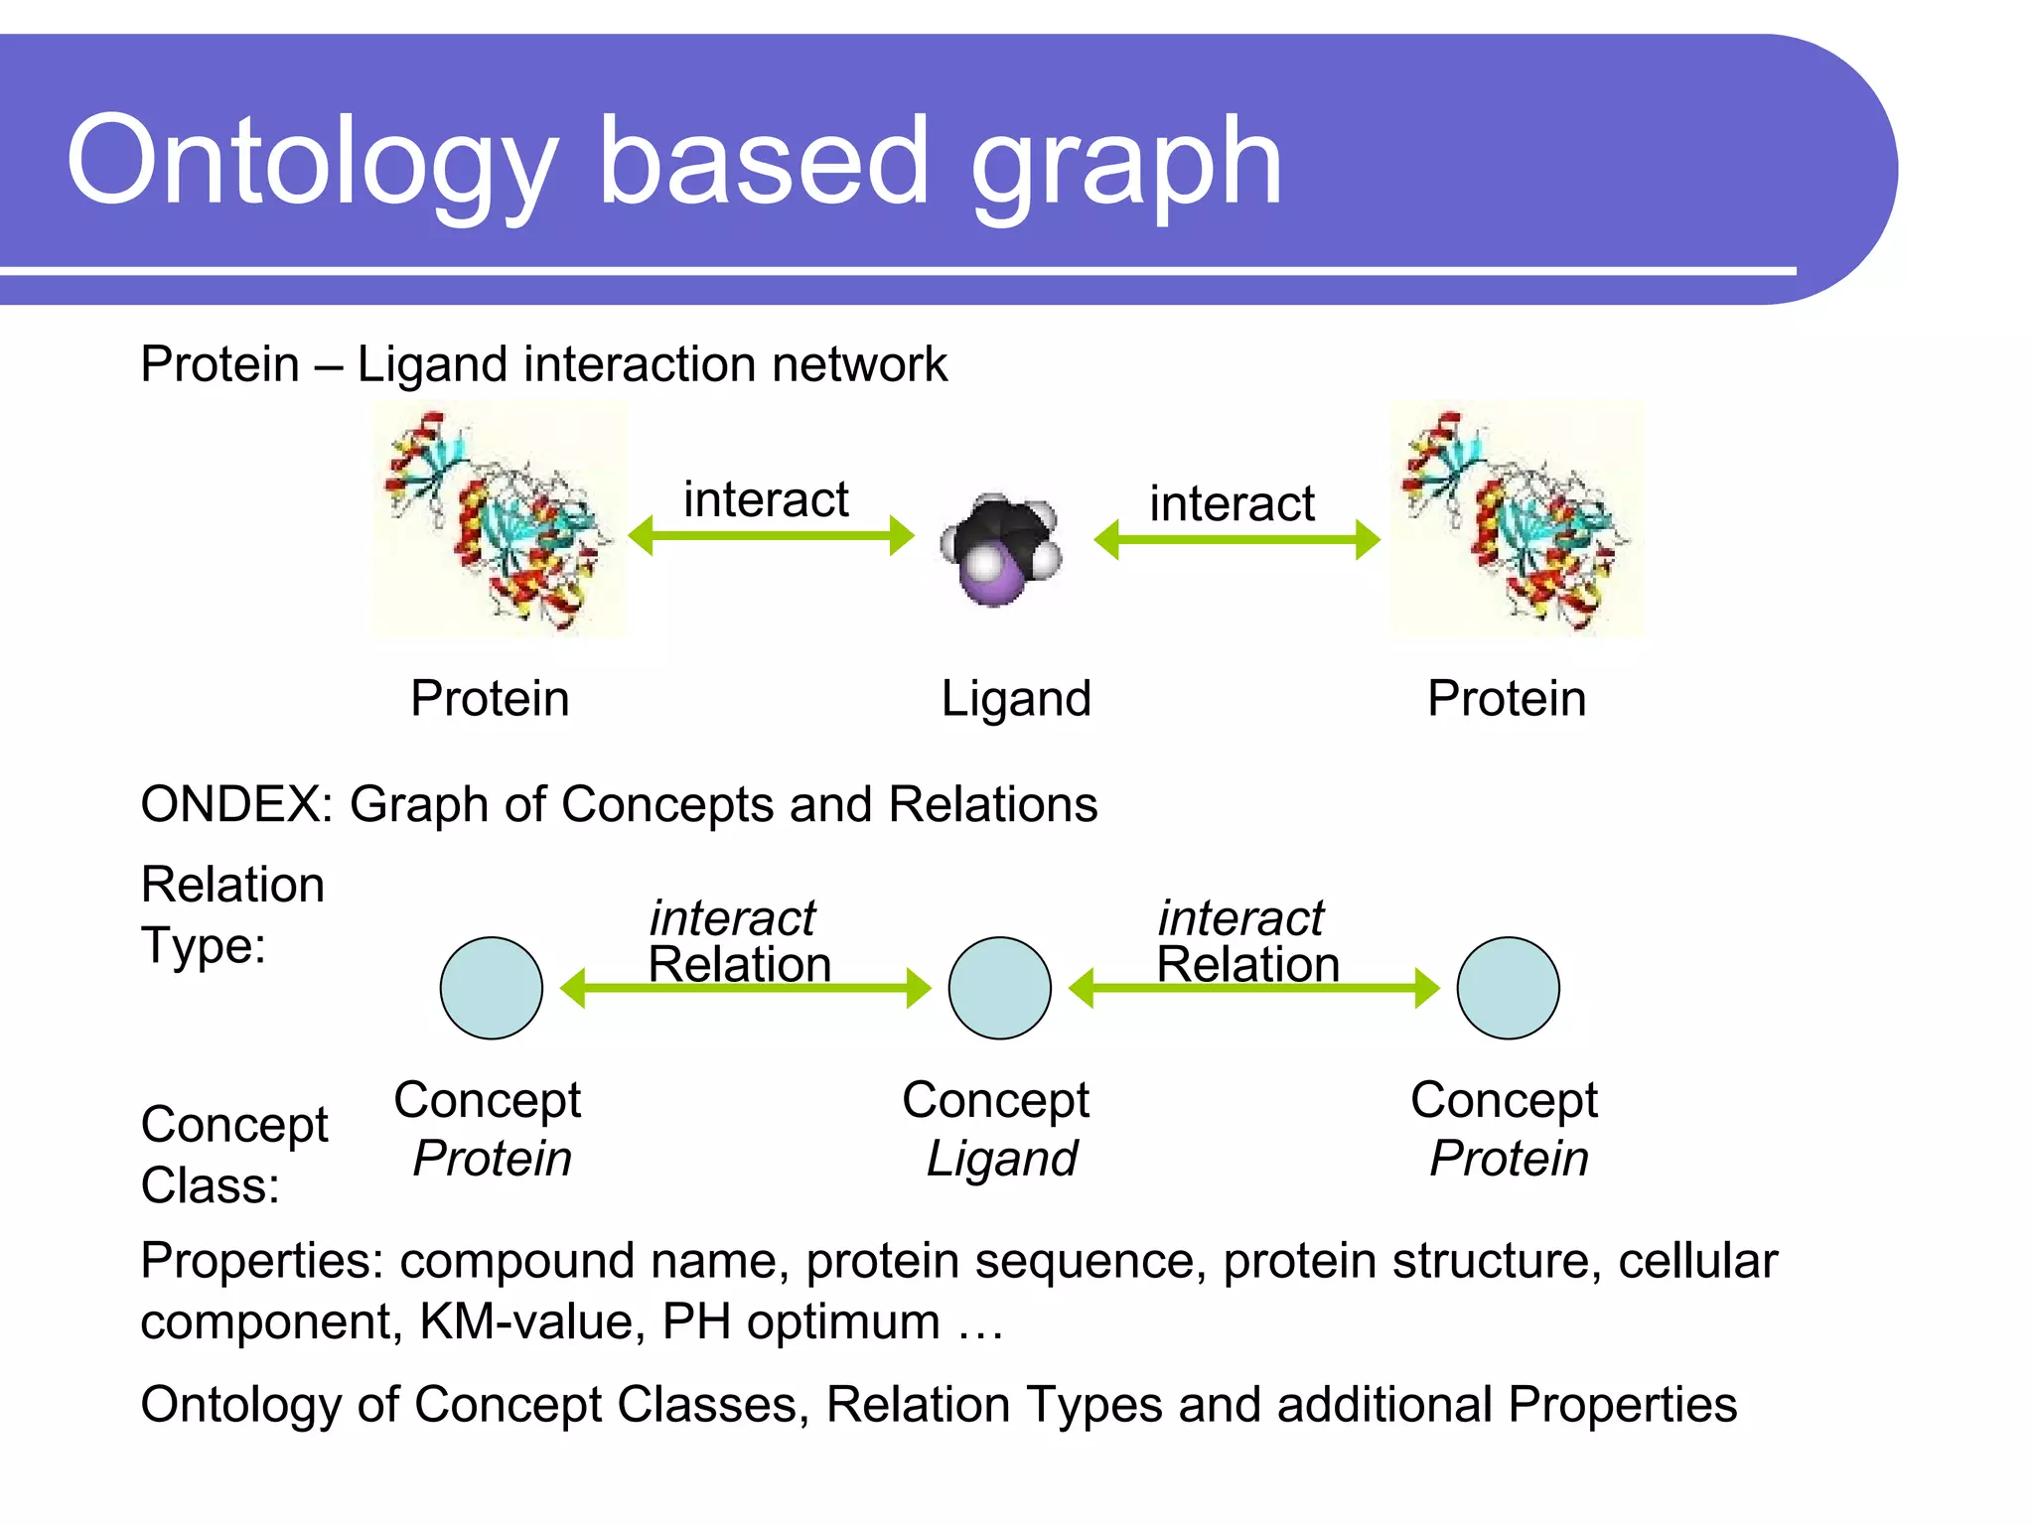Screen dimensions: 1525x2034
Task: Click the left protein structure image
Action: [500, 520]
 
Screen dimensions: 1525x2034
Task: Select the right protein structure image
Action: [1516, 520]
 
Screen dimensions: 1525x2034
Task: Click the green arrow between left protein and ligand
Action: [771, 536]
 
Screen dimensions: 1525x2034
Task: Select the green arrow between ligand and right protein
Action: [1236, 540]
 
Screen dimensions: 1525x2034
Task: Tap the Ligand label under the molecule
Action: [1015, 699]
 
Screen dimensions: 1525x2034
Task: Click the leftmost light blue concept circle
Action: [491, 988]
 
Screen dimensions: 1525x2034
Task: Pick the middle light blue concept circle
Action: [999, 988]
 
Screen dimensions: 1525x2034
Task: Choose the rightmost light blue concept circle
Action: [1508, 988]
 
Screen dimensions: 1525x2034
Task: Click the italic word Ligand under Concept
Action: [1001, 1159]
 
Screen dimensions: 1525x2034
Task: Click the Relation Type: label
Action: [231, 914]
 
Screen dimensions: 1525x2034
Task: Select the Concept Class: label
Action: [233, 1155]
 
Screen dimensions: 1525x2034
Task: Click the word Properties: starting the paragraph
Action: [261, 1261]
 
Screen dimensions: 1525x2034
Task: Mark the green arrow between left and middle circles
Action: [745, 989]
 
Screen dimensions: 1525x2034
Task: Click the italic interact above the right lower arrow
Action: [1239, 917]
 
